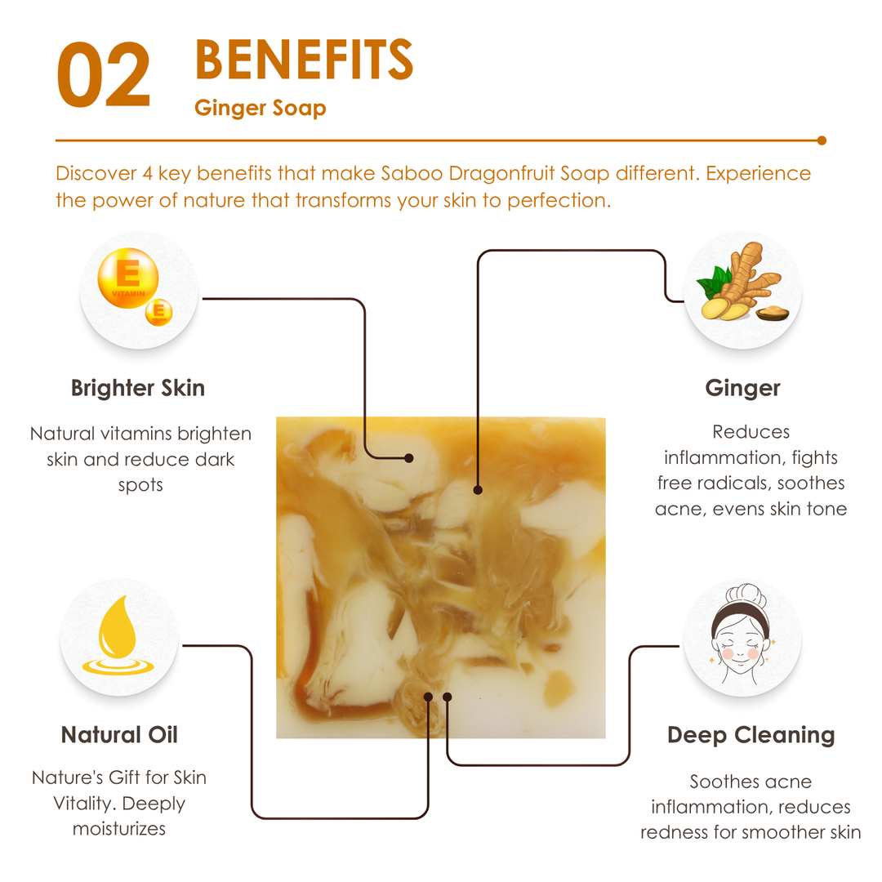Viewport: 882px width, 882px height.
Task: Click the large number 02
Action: [x=104, y=74]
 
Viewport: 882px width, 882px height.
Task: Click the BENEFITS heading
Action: [x=305, y=60]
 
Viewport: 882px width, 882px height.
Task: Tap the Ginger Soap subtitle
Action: [x=260, y=108]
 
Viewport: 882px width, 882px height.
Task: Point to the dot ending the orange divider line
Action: [x=822, y=140]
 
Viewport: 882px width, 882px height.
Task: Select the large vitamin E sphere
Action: [x=128, y=278]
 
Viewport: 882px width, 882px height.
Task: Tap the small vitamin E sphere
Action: [x=158, y=312]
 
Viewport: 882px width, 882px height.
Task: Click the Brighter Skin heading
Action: [x=138, y=388]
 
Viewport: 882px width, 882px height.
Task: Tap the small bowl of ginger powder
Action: [x=773, y=313]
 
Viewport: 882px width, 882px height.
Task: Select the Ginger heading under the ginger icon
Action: [x=742, y=388]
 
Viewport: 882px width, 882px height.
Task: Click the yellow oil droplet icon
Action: [x=118, y=635]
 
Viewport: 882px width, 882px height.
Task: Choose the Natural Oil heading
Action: [x=119, y=735]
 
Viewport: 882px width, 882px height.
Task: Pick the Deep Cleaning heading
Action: [x=751, y=735]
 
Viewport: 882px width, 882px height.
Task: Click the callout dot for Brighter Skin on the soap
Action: [x=409, y=458]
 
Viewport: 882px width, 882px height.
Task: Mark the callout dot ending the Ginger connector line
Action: [x=478, y=490]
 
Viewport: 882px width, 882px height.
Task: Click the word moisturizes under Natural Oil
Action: [x=119, y=829]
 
